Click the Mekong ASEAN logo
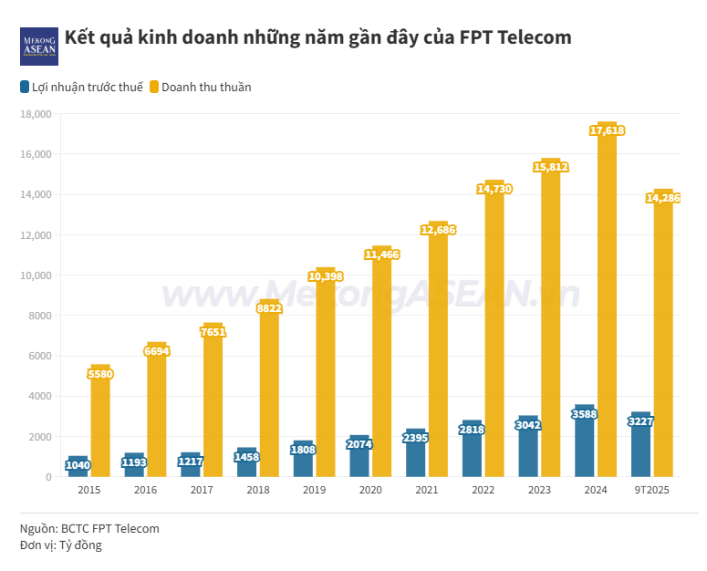pos(39,46)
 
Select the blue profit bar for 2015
pos(78,468)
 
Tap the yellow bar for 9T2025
pos(663,347)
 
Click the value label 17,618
pos(607,131)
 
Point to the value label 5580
pos(100,374)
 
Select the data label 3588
pos(585,415)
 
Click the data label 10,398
pos(326,276)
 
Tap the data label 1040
pos(78,465)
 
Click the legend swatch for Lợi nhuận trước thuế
pos(25,88)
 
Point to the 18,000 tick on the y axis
pos(36,114)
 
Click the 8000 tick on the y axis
pos(40,316)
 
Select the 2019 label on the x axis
pos(315,491)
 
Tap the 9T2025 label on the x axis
pos(652,491)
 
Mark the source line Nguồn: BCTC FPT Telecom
pos(89,528)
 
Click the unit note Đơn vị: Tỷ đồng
pos(61,545)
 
